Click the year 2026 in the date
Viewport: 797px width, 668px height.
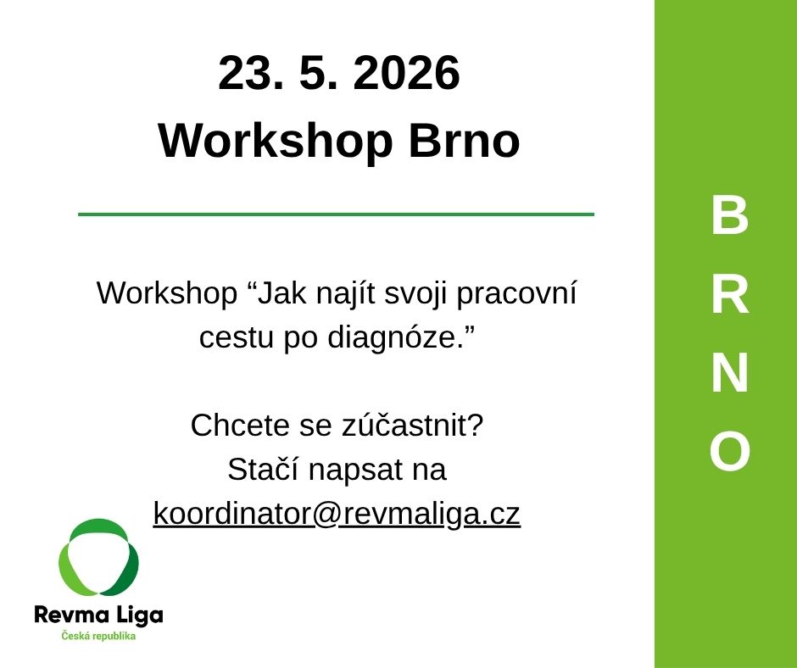tap(407, 73)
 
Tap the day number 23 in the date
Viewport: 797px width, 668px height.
tap(251, 73)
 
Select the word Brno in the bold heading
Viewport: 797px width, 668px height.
tap(464, 140)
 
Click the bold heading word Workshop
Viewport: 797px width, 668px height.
tap(275, 141)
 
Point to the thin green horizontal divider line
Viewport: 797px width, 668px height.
tap(336, 214)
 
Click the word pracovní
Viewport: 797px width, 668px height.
tap(516, 295)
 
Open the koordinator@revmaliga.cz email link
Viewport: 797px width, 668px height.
tap(337, 515)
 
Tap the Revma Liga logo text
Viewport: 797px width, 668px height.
tap(98, 615)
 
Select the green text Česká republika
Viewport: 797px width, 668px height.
tap(98, 636)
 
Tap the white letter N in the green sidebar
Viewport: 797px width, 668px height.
tap(730, 373)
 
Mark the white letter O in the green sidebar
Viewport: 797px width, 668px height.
tap(730, 450)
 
